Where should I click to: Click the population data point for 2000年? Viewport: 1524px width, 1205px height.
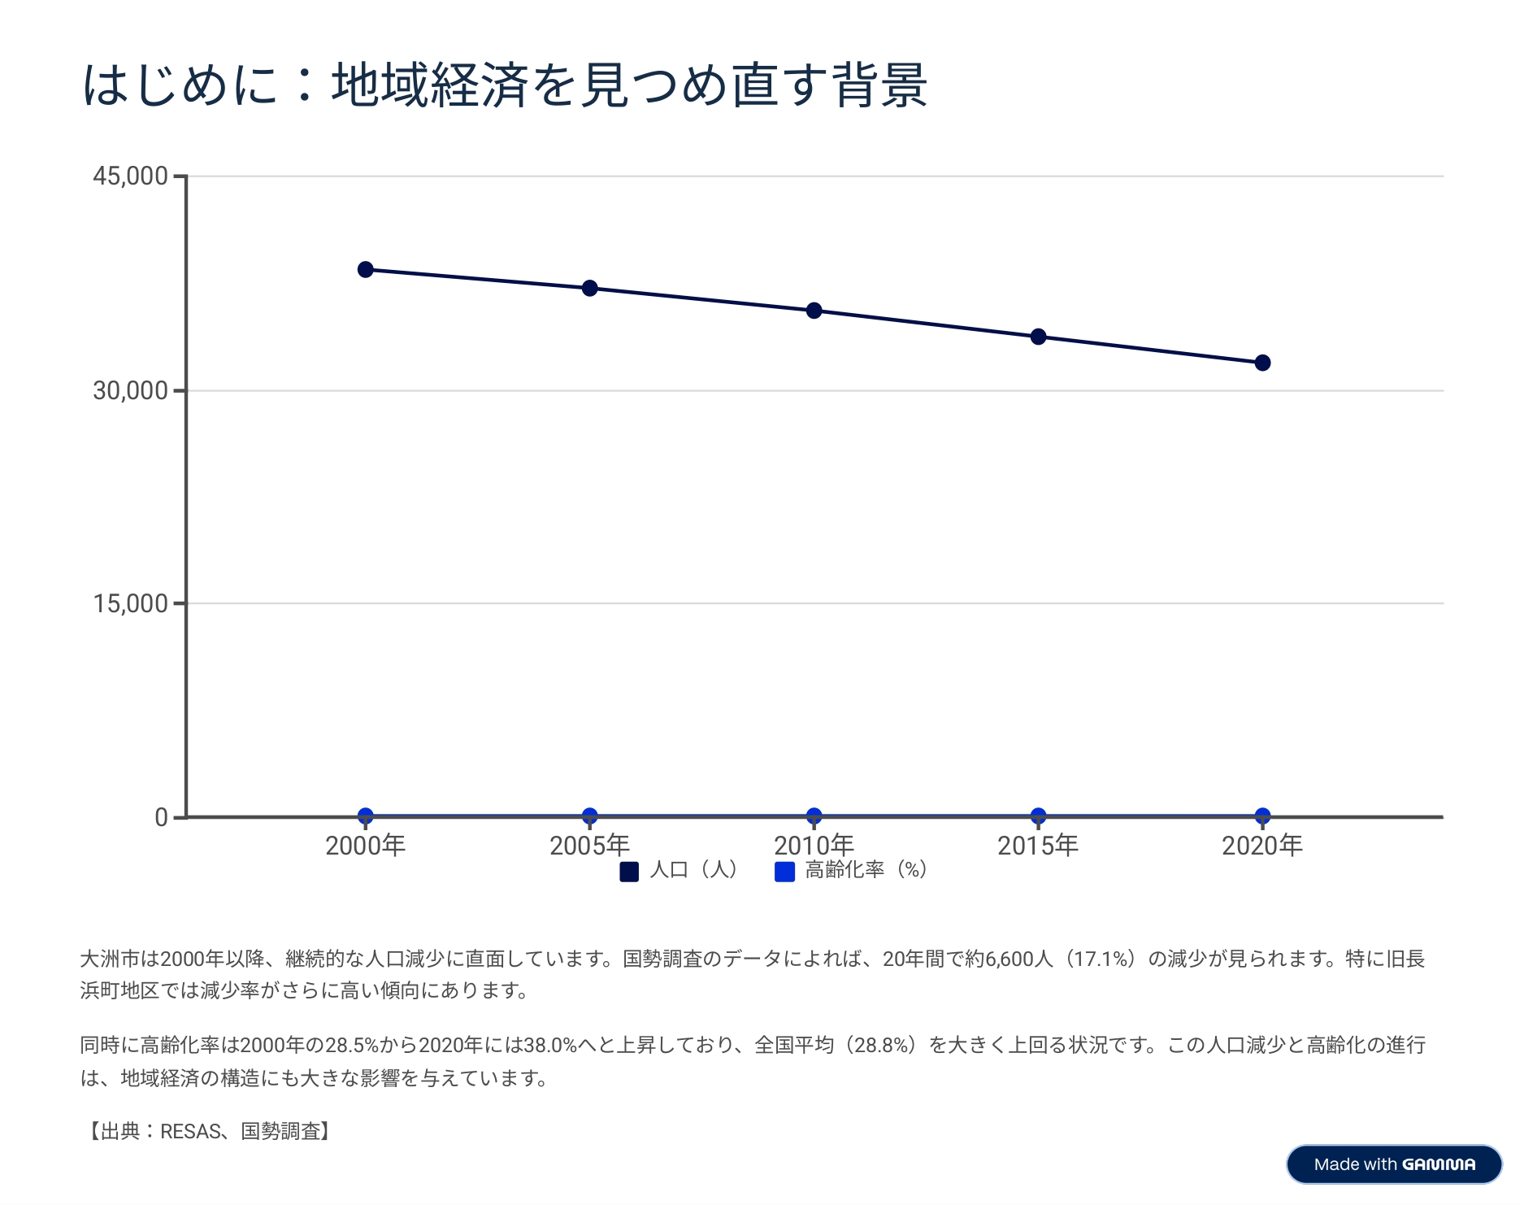[366, 270]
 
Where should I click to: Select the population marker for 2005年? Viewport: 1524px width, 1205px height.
[590, 289]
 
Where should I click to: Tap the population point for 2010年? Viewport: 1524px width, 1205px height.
[814, 311]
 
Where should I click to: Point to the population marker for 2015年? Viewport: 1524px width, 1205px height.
[1038, 337]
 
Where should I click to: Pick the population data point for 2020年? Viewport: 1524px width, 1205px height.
[1262, 363]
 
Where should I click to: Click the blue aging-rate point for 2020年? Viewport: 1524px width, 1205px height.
[1262, 816]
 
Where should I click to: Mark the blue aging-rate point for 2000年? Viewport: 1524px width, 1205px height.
[366, 816]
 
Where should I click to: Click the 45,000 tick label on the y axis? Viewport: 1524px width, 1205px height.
[130, 176]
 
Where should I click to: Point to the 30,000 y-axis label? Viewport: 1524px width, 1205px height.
[130, 390]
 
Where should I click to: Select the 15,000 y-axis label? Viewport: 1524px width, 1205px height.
[130, 603]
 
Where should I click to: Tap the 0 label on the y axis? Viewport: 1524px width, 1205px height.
[161, 817]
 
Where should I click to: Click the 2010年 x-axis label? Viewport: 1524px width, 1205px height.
[814, 846]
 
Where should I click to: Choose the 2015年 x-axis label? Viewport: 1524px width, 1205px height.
[1038, 846]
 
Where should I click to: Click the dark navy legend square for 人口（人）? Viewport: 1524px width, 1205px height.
[629, 872]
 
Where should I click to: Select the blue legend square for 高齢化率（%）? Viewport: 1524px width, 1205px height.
[784, 872]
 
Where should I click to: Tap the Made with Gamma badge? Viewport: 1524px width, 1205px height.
[1394, 1164]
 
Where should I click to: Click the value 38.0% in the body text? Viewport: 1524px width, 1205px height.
[550, 1045]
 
